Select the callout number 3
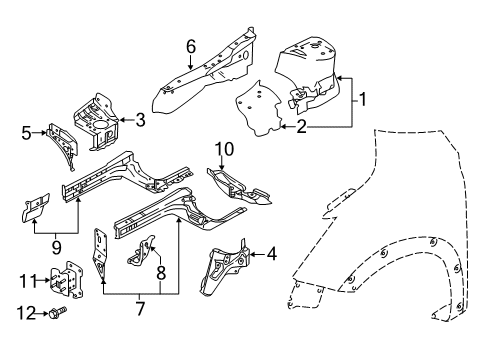tap(140, 122)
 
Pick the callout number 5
tap(28, 130)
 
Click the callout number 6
tap(191, 45)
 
